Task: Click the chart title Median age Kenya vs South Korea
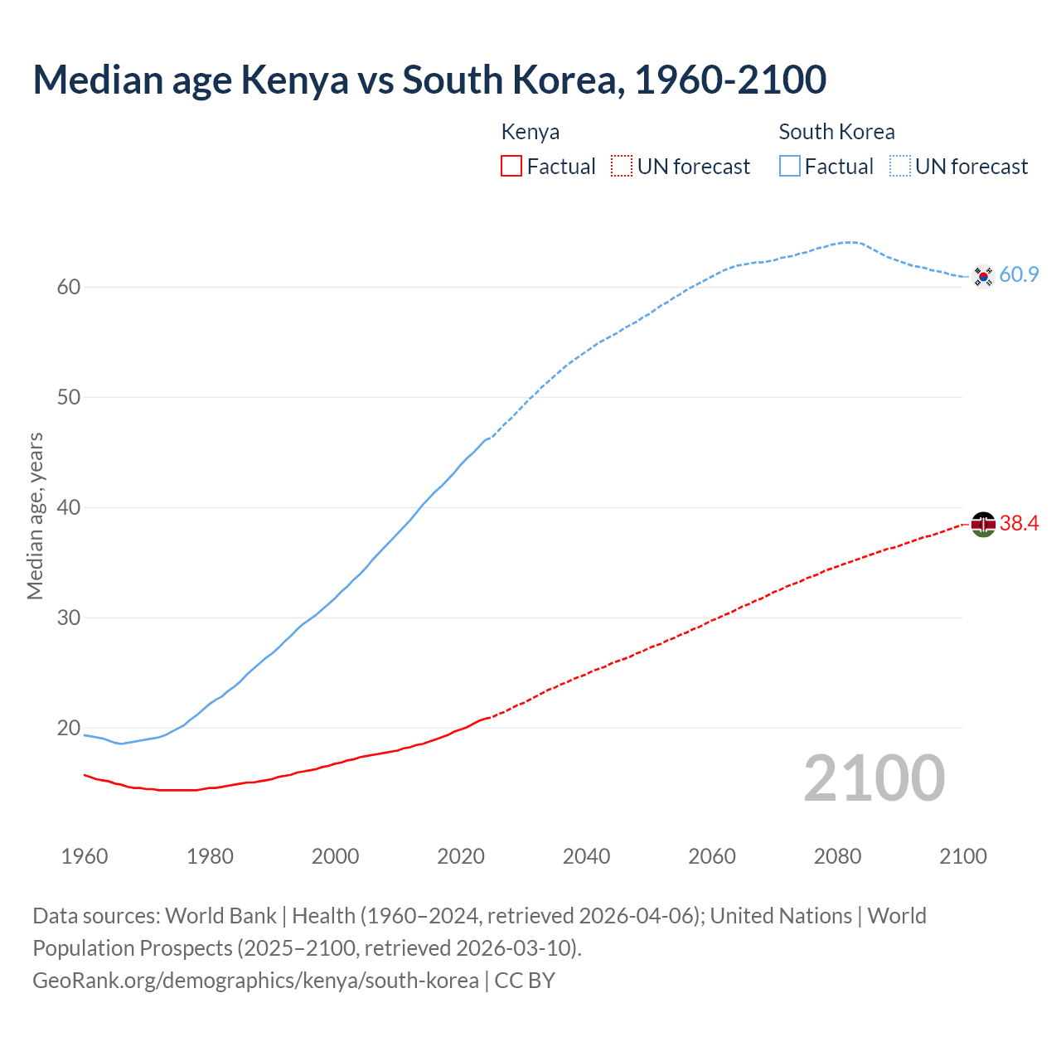coord(429,80)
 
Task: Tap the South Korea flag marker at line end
coord(983,276)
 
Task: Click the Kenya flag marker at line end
coord(983,524)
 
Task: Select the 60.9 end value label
coord(1019,274)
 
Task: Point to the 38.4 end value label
coord(1019,523)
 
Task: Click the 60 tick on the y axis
coord(68,287)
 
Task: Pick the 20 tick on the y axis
coord(68,728)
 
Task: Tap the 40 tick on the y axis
coord(68,507)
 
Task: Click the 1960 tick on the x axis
coord(85,856)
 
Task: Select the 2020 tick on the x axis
coord(461,856)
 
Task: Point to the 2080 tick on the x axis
coord(837,856)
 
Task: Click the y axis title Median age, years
coord(35,516)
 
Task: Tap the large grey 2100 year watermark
coord(874,778)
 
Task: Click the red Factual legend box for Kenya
coord(511,166)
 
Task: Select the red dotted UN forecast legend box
coord(622,166)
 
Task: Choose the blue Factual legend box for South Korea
coord(790,166)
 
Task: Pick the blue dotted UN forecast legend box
coord(900,166)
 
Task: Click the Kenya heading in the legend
coord(530,132)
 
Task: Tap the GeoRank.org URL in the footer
coord(255,981)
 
